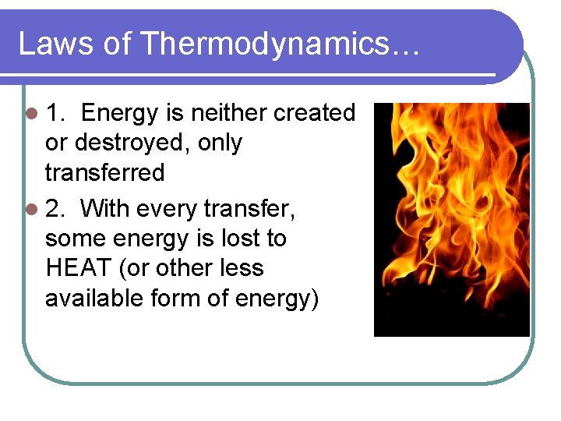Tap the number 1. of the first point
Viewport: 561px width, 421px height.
pyautogui.click(x=55, y=114)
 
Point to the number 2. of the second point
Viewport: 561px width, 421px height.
pyautogui.click(x=55, y=209)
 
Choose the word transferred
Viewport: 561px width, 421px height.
pyautogui.click(x=104, y=173)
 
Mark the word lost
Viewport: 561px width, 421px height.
pyautogui.click(x=238, y=239)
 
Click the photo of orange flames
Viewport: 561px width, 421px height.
pyautogui.click(x=451, y=219)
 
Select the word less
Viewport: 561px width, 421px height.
pyautogui.click(x=240, y=268)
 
